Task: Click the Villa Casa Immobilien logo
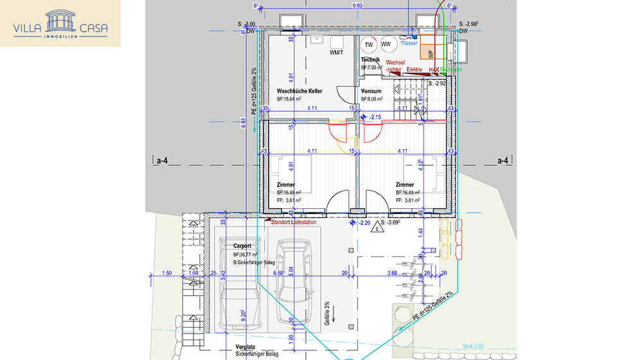pos(60,24)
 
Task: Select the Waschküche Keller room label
pos(300,91)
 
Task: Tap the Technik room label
pos(370,60)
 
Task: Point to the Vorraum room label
pos(371,91)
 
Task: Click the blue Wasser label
pos(409,43)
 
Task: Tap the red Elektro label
pos(414,69)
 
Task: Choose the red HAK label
pos(434,69)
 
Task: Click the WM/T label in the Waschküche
pos(335,52)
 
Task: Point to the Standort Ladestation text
pos(294,223)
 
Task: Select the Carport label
pos(242,246)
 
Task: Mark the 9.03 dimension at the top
pos(357,5)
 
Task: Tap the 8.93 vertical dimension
pos(244,123)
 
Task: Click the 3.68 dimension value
pos(392,273)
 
